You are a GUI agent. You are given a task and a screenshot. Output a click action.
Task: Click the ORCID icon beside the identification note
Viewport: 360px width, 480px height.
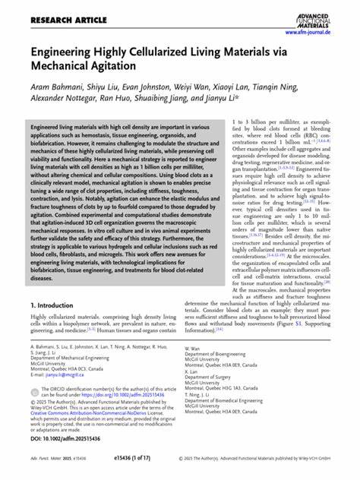(35, 390)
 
